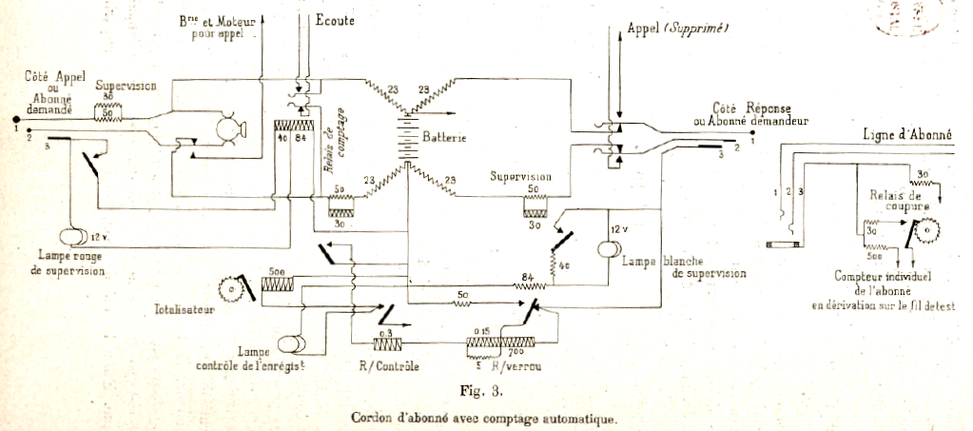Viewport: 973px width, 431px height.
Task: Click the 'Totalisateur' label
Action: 185,309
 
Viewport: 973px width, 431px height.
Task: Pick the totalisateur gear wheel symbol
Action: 227,286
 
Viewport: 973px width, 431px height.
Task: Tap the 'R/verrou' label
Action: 518,365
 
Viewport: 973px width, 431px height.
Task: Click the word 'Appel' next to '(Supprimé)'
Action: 645,29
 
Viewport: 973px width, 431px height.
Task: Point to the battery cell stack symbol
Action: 410,139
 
